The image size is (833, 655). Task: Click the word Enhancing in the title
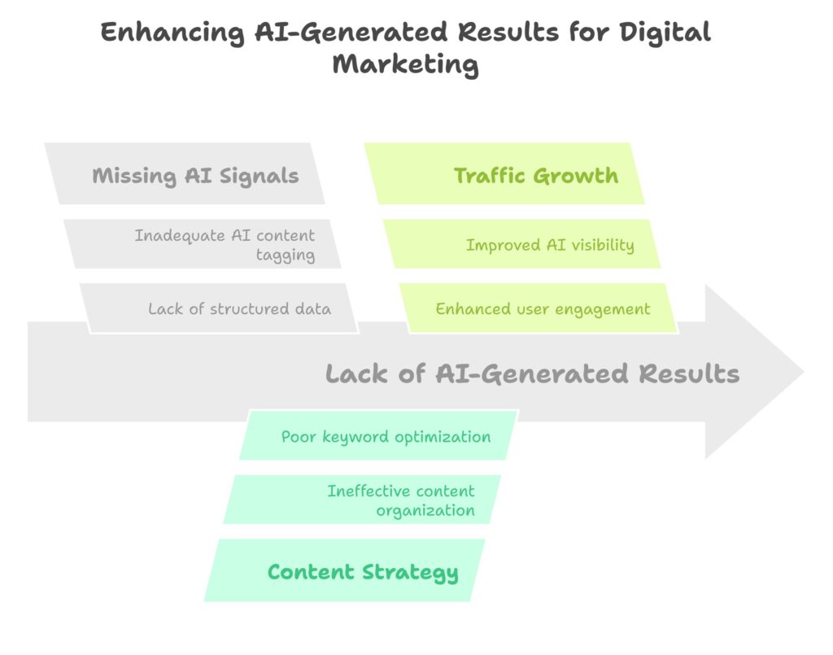tap(172, 33)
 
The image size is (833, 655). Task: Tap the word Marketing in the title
tap(406, 65)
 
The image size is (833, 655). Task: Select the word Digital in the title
tap(665, 33)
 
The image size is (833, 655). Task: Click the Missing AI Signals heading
tap(195, 176)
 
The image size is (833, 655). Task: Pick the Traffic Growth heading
tap(536, 176)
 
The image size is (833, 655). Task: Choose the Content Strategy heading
tap(363, 573)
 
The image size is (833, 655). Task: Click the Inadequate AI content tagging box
tap(202, 244)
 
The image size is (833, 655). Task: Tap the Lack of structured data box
tap(219, 308)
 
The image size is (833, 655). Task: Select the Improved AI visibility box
tap(521, 244)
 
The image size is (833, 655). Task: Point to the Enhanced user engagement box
tap(539, 308)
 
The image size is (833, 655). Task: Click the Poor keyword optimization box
tap(379, 435)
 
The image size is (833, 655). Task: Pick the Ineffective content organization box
tap(362, 500)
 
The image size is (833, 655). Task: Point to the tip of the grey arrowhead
tap(804, 372)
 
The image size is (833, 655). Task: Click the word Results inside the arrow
tap(689, 373)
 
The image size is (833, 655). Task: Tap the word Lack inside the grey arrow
tap(356, 373)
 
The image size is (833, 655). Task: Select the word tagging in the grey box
tap(286, 255)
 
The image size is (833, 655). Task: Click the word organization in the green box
tap(425, 511)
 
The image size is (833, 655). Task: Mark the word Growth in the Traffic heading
tap(576, 176)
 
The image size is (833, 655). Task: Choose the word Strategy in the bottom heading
tap(410, 573)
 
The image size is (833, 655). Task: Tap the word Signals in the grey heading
tap(259, 177)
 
